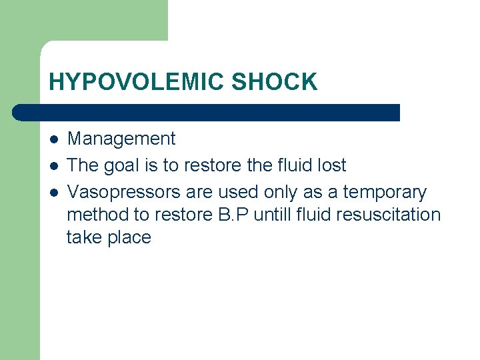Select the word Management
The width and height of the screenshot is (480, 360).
click(x=121, y=139)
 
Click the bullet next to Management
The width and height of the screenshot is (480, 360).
click(x=53, y=139)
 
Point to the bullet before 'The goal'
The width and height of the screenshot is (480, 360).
click(x=53, y=166)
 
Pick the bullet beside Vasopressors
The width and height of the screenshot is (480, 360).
click(x=53, y=193)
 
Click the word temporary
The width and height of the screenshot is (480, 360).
click(x=384, y=193)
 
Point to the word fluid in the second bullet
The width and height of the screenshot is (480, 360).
click(x=288, y=165)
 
